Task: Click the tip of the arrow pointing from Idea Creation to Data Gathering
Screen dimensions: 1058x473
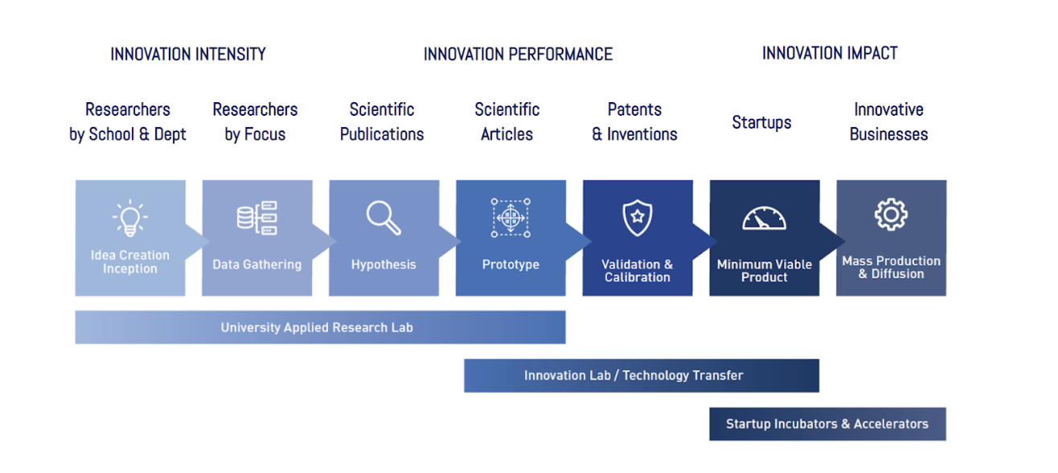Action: tap(210, 241)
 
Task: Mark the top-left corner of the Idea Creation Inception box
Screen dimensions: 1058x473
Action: tap(76, 180)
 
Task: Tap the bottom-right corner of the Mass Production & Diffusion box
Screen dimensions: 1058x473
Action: tap(946, 296)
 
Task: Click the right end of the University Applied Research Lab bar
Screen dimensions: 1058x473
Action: tap(565, 327)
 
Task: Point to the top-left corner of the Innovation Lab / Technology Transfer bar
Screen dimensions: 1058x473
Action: tap(465, 359)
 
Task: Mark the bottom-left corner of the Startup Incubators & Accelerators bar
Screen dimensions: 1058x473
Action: tap(709, 440)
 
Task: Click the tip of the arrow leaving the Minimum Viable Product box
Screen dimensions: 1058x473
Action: tap(845, 241)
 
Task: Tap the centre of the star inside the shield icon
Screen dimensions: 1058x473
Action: tap(638, 216)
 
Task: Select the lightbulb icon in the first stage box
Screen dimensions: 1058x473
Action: tap(130, 218)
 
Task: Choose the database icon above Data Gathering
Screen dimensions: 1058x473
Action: tap(257, 218)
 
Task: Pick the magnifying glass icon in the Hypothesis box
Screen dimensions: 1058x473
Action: tap(383, 218)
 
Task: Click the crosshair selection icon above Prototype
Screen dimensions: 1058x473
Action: tap(511, 218)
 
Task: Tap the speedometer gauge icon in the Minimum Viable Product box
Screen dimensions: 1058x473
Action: tap(765, 218)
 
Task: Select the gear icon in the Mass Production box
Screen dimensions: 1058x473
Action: tap(891, 215)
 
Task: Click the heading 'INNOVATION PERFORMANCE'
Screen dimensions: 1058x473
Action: tap(518, 55)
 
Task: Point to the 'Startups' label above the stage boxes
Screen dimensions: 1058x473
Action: tap(761, 122)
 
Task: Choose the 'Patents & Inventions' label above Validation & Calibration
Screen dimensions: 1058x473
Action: tap(634, 122)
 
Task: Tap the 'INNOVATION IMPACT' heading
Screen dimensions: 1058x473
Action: tap(830, 53)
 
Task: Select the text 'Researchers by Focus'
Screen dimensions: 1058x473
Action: tap(255, 122)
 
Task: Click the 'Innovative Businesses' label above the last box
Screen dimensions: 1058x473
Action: tap(889, 122)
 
